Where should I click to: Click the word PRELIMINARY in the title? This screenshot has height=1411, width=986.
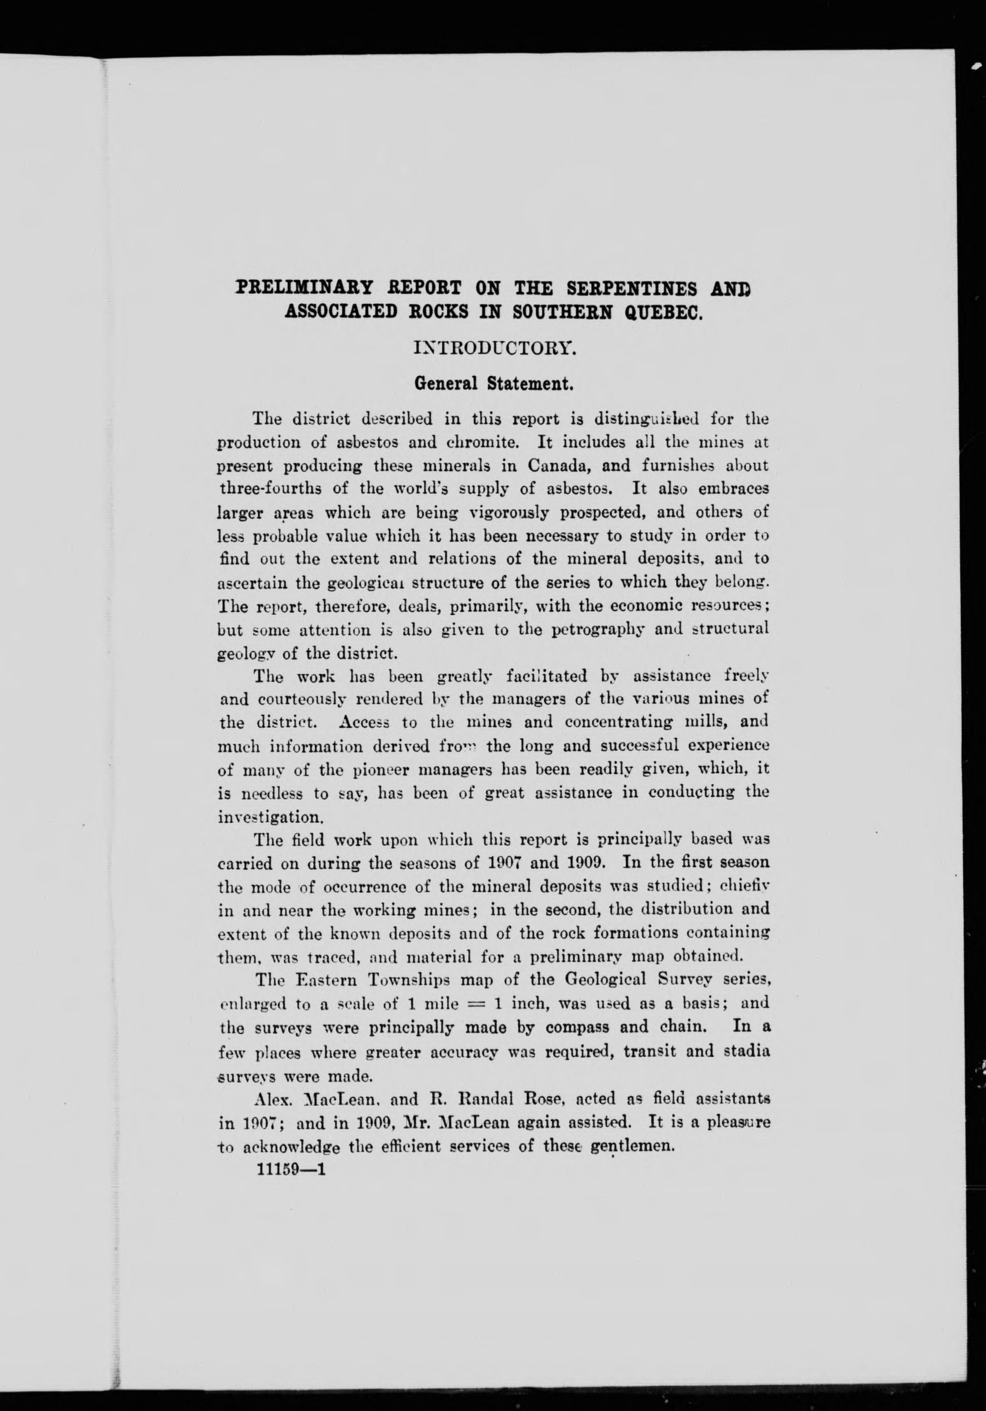304,288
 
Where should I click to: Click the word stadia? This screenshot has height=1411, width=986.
745,1051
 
